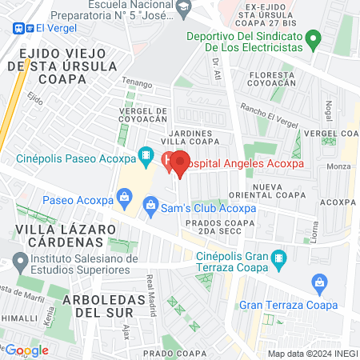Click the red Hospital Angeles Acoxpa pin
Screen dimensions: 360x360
click(180, 162)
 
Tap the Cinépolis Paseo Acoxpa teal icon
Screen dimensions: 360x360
click(146, 155)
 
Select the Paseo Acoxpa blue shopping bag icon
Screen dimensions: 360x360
click(123, 196)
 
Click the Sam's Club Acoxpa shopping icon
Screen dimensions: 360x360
click(150, 207)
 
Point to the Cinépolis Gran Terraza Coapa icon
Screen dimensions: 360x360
click(278, 258)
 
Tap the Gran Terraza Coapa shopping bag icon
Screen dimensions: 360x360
click(319, 282)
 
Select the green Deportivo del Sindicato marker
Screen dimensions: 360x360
click(314, 38)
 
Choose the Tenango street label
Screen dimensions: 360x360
click(137, 82)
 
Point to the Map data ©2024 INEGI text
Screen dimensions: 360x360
click(312, 354)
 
